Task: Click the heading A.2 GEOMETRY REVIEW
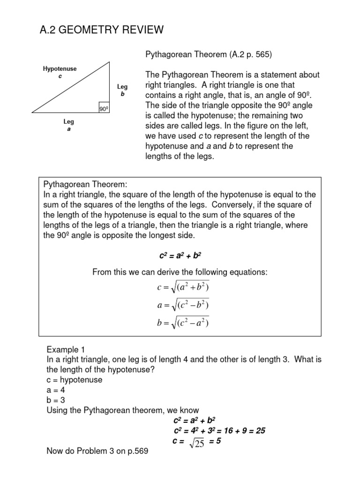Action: click(x=102, y=30)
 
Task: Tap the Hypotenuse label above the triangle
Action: click(x=60, y=69)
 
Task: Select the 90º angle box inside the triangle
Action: click(x=104, y=109)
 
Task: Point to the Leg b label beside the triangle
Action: click(x=122, y=90)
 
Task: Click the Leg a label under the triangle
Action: click(x=69, y=125)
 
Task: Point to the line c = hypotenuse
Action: click(x=74, y=380)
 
